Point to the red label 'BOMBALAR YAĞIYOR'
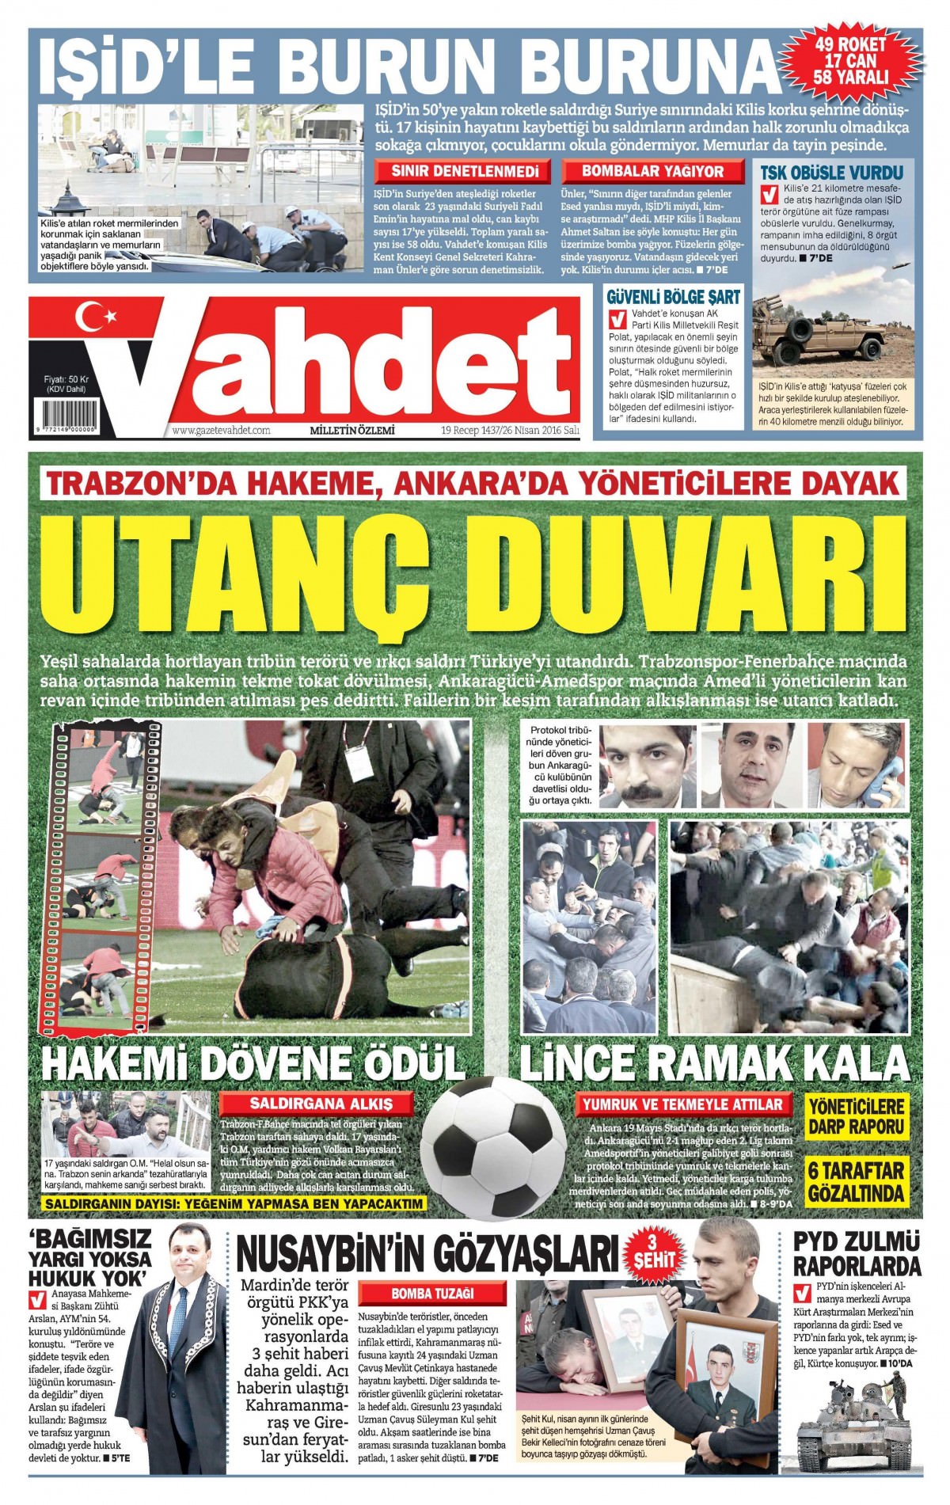652,171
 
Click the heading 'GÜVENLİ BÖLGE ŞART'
673,298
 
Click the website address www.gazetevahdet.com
221,431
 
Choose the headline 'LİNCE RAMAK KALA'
713,1062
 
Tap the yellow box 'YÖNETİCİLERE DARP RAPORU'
856,1116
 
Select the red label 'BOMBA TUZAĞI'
432,1294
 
